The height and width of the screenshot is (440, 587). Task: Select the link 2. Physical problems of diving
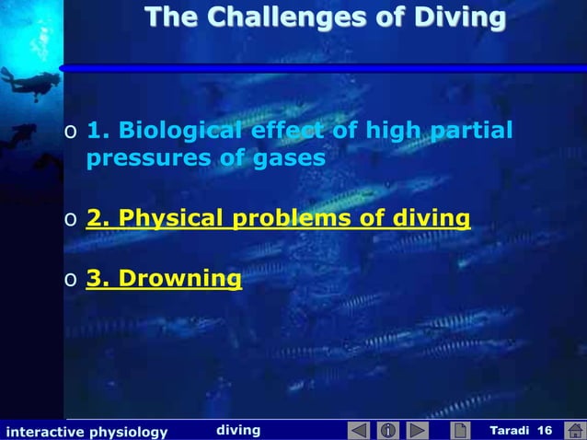point(278,219)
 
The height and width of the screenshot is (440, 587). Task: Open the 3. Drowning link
point(164,277)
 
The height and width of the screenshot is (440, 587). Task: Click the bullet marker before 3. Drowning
point(70,279)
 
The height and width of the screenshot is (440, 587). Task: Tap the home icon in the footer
point(573,430)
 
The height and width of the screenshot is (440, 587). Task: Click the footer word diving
point(238,430)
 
